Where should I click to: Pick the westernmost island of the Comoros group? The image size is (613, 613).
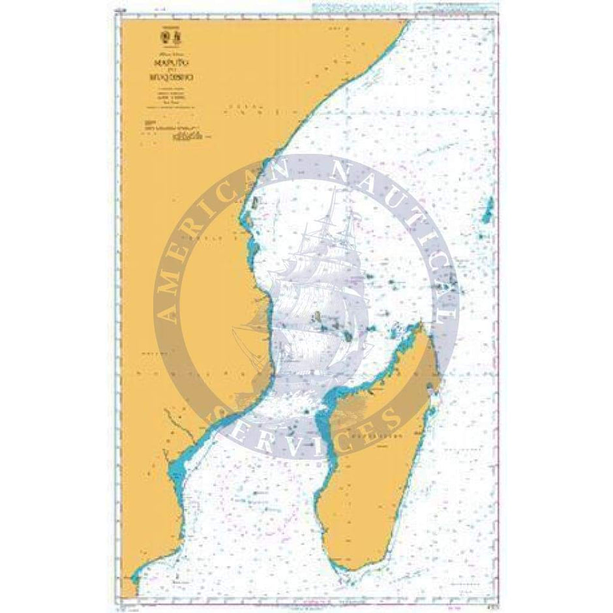(x=316, y=318)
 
